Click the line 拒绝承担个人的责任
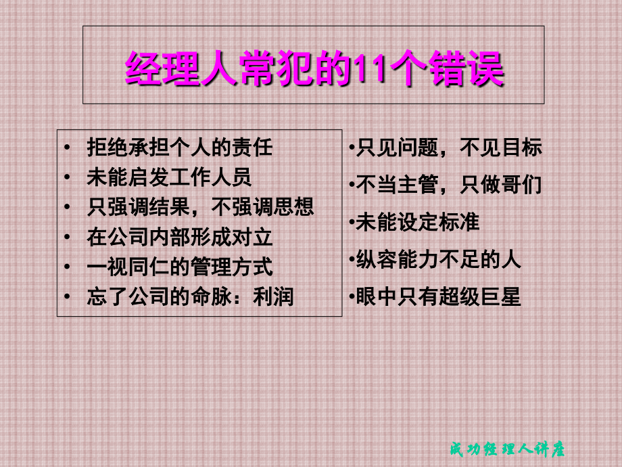tap(180, 148)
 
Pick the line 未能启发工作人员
tap(169, 177)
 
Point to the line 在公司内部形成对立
tap(180, 237)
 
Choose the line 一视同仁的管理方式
tap(180, 267)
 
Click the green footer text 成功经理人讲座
tap(507, 449)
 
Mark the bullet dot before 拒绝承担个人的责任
tap(68, 148)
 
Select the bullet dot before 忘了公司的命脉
tap(68, 296)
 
